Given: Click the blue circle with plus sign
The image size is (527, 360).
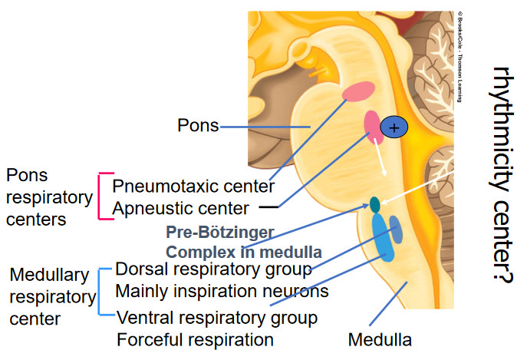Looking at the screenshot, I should click(x=394, y=128).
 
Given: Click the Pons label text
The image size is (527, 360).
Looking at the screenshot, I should click(x=198, y=124).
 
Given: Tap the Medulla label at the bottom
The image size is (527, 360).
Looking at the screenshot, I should click(x=380, y=339).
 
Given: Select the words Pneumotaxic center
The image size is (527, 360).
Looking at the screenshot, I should click(x=193, y=186).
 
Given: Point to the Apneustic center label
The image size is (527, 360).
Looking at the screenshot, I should click(x=180, y=208).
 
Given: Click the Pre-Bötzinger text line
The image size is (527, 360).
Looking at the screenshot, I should click(x=220, y=233).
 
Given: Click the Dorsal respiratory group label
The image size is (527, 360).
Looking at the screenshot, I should click(x=213, y=270).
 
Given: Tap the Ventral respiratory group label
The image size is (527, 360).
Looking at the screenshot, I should click(x=216, y=317).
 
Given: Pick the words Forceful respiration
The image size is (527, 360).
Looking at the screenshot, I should click(x=194, y=339).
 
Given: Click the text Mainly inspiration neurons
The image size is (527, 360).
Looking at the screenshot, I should click(x=222, y=292).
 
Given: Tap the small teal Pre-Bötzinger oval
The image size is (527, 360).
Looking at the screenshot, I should click(x=375, y=204).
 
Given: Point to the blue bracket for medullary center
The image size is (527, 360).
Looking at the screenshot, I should click(x=103, y=292).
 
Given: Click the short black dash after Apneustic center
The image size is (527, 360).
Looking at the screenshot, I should click(x=268, y=207).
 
